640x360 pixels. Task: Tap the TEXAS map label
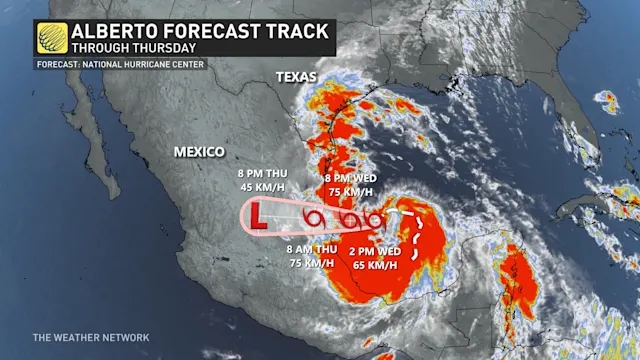click(297, 76)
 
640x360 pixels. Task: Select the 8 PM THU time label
click(257, 171)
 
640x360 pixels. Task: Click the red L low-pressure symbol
click(258, 214)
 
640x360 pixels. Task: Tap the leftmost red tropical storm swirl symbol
click(314, 217)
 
